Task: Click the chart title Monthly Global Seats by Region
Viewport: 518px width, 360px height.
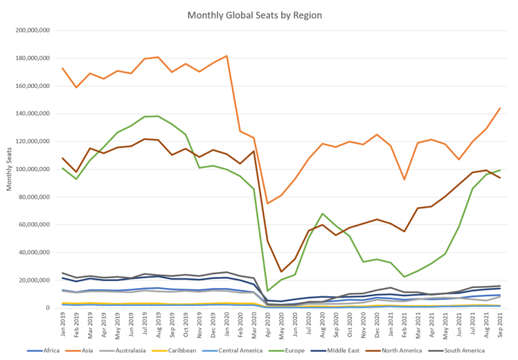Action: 255,15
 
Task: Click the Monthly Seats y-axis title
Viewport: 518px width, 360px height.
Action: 10,169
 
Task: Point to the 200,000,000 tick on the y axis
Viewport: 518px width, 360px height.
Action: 30,30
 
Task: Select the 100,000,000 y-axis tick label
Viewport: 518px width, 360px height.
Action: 30,169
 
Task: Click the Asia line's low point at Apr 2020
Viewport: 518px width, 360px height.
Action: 268,204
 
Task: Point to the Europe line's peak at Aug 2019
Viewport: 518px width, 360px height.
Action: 159,116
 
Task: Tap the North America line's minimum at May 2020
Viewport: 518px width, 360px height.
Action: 281,271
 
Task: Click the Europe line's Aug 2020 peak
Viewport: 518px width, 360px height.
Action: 323,214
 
